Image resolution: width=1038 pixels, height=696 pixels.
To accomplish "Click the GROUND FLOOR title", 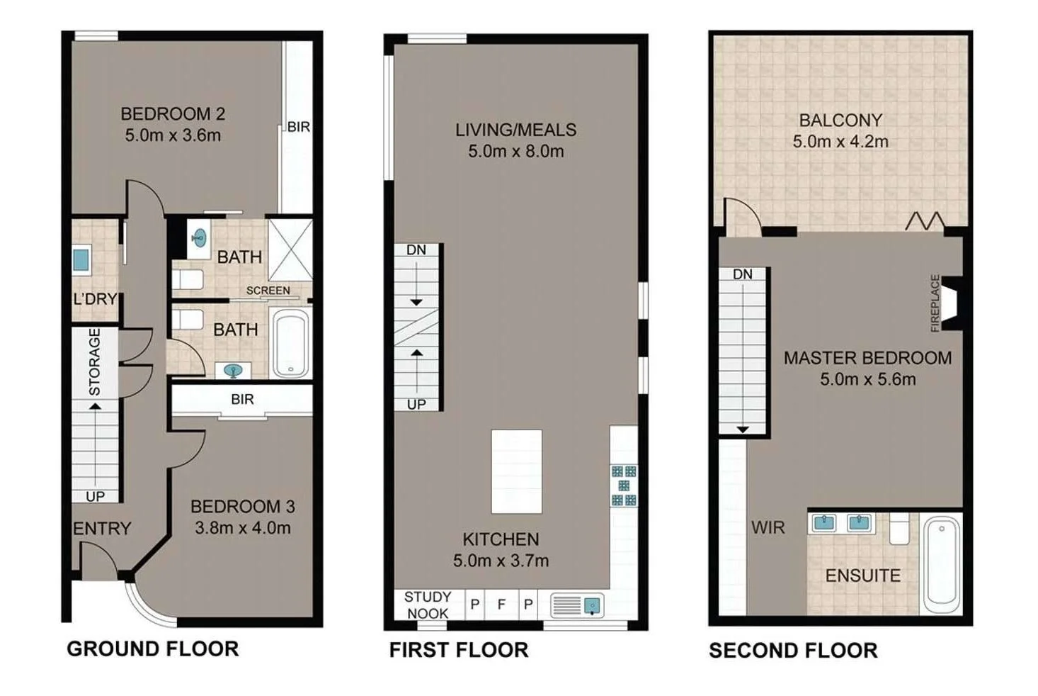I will click(x=152, y=649).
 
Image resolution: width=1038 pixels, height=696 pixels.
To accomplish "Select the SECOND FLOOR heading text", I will click(x=793, y=650).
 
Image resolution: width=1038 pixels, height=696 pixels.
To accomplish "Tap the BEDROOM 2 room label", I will click(x=173, y=113).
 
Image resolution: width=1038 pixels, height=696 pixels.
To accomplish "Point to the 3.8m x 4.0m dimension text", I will click(x=242, y=528).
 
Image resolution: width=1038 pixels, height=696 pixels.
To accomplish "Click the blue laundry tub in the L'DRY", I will click(x=81, y=259).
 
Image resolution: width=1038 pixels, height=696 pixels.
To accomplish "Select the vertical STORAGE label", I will click(x=94, y=361).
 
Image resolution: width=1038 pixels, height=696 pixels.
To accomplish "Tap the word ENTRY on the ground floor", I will click(x=102, y=529).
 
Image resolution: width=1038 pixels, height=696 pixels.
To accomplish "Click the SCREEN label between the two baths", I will click(x=268, y=291).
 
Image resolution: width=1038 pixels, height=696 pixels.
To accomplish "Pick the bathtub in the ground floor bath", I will click(x=291, y=343).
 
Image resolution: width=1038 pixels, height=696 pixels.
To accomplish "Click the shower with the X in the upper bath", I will click(x=290, y=249).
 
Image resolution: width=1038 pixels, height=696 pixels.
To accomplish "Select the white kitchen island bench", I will click(x=516, y=471).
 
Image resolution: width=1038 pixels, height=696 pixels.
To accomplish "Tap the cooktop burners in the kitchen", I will click(x=623, y=485).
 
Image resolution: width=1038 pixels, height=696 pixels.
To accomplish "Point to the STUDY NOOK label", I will click(x=427, y=605).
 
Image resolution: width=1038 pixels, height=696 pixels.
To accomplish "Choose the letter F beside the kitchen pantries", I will click(x=501, y=605).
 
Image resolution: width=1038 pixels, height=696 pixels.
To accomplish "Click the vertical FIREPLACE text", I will click(x=935, y=303).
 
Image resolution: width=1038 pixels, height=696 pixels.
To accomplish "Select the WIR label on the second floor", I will click(x=768, y=527).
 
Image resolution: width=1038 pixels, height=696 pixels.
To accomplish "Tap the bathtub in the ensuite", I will click(x=941, y=564).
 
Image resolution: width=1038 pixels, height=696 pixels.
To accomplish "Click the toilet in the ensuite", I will click(x=899, y=529).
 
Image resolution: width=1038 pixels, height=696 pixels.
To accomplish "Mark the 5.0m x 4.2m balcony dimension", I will click(x=840, y=142).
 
